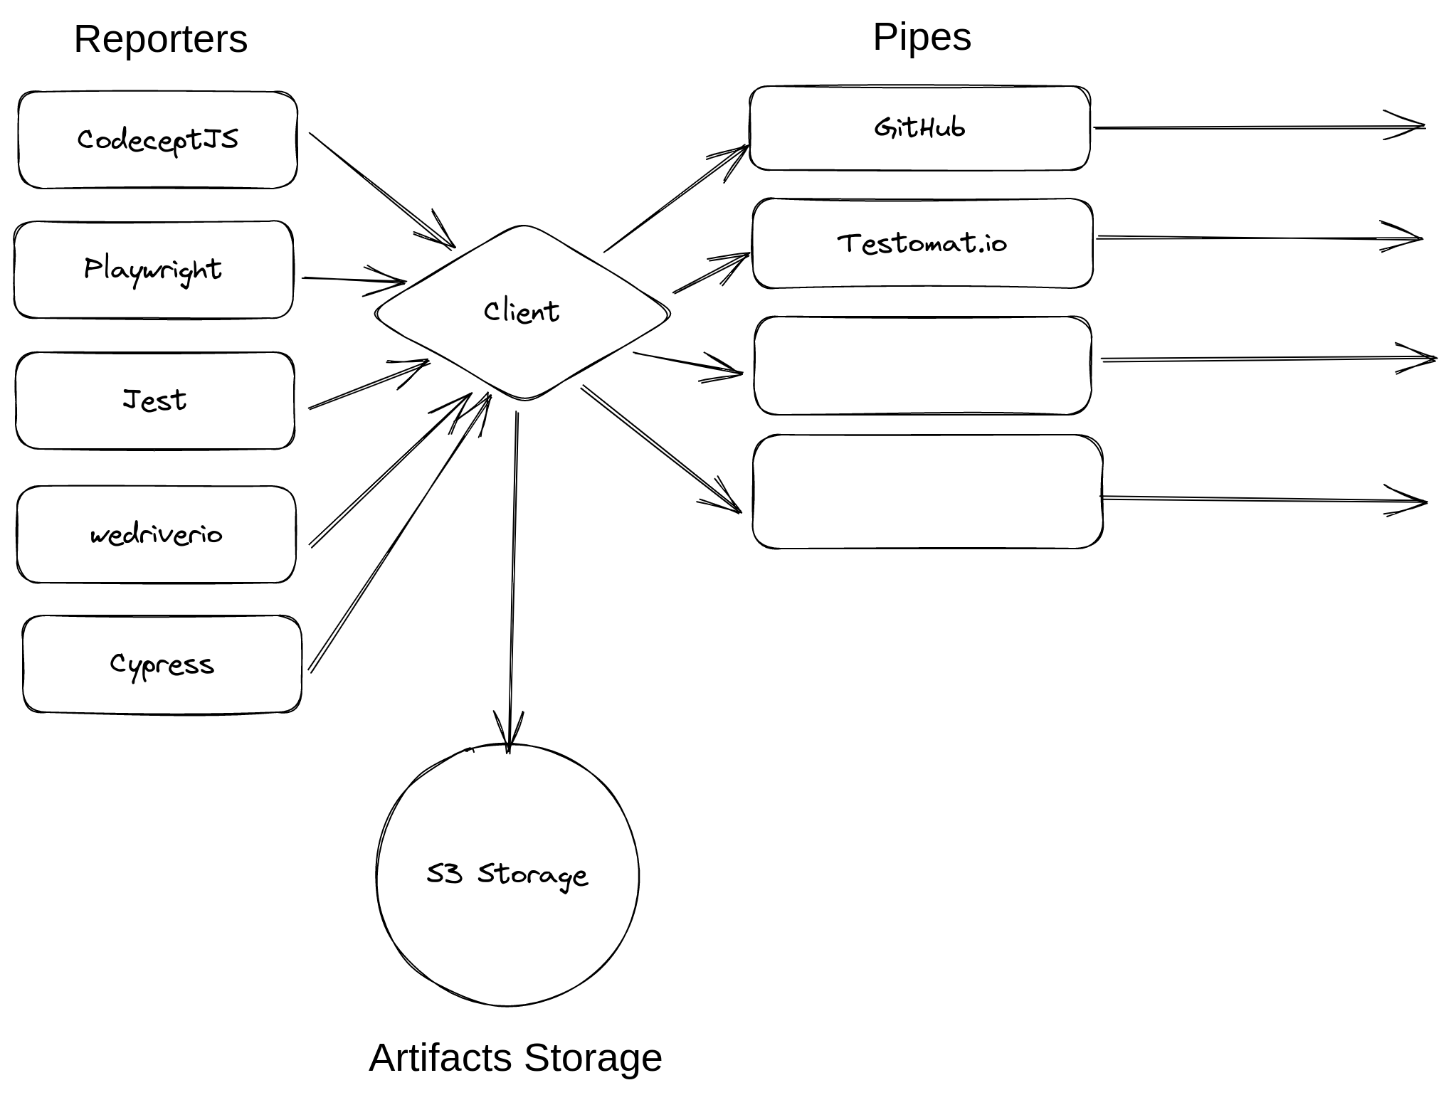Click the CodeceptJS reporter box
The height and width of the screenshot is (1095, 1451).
click(157, 139)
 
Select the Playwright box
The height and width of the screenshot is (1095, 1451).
click(153, 270)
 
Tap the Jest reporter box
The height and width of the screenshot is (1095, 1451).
click(154, 401)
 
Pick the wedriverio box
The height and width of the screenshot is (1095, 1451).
click(156, 534)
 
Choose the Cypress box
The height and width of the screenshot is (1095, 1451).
click(162, 664)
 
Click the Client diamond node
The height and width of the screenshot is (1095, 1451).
click(522, 312)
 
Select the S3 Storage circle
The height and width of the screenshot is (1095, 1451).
click(507, 874)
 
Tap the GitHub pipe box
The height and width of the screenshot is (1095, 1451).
click(919, 128)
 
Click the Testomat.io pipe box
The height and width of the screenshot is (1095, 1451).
click(922, 243)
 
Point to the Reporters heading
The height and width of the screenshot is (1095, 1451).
click(161, 38)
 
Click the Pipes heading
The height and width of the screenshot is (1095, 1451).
click(922, 36)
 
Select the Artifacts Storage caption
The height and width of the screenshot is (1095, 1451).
click(515, 1057)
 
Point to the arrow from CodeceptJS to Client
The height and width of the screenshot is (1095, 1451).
click(381, 189)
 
